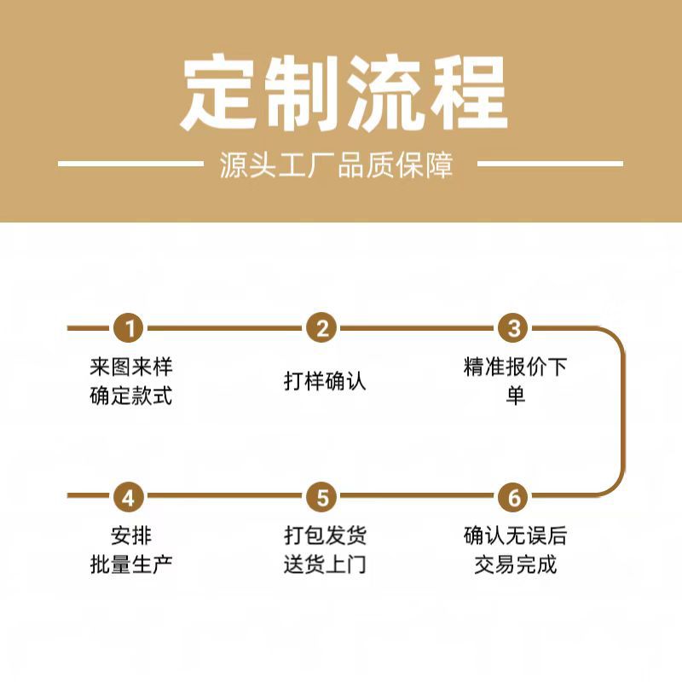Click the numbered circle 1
130,328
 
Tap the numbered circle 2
322,328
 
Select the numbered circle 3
514,328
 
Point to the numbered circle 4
130,496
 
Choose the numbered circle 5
322,496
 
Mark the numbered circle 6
514,496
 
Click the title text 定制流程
341,94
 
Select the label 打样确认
325,381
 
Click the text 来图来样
131,368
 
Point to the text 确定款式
131,396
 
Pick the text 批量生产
131,564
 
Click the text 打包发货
325,537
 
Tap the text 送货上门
325,564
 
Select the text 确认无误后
515,537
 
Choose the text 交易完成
515,564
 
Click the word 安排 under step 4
131,537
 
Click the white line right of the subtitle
550,163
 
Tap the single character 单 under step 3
515,396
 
